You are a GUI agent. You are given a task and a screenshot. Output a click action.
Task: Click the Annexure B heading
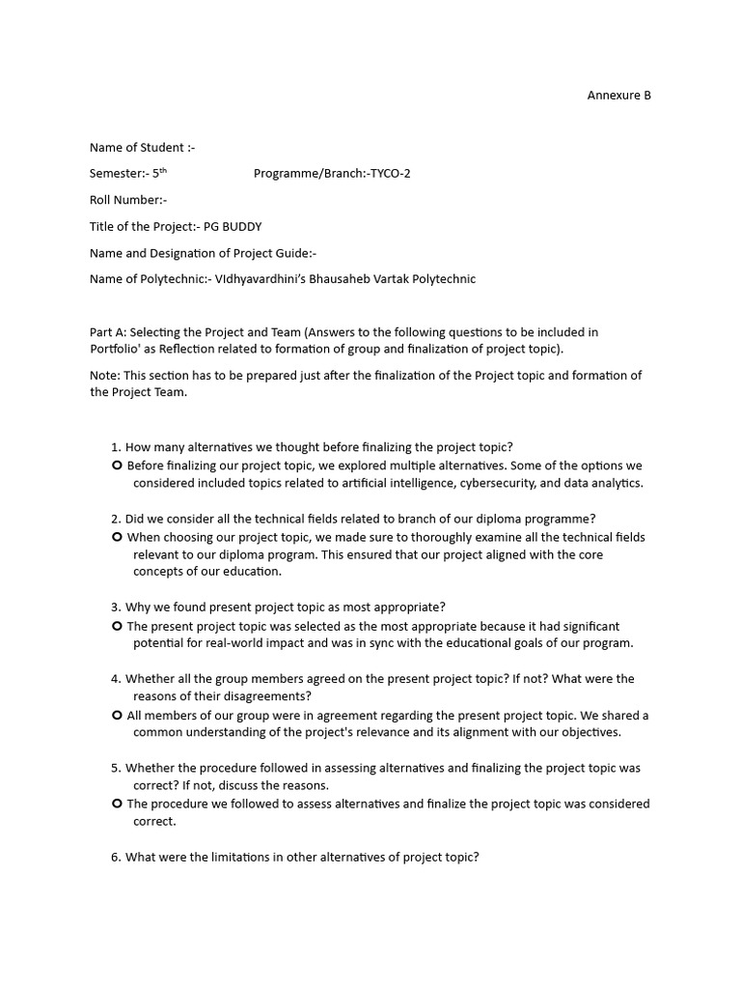[619, 95]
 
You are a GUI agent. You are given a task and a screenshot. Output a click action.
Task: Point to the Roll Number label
[126, 200]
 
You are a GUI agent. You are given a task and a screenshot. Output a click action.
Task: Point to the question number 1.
[116, 447]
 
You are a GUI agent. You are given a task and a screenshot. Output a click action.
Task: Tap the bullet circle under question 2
[117, 537]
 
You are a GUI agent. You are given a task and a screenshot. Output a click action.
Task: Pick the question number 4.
[116, 679]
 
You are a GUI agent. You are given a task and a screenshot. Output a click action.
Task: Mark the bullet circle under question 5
[117, 804]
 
